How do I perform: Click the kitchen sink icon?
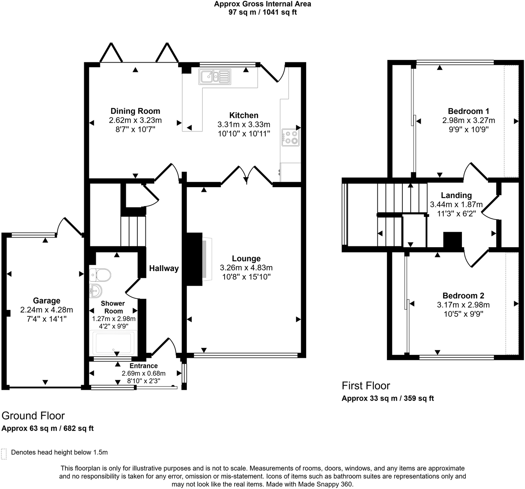[215, 77]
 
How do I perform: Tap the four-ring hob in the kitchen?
[290, 137]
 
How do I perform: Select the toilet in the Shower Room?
[100, 275]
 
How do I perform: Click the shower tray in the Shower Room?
[113, 343]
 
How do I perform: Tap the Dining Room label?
[135, 111]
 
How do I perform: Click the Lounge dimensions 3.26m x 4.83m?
[246, 268]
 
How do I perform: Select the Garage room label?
[47, 301]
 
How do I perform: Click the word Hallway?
[164, 268]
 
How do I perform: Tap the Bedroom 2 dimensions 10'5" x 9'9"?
[463, 314]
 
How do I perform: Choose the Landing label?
[456, 195]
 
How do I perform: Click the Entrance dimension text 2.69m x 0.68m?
[143, 373]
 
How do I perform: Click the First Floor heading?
[366, 386]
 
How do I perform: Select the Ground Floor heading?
[33, 416]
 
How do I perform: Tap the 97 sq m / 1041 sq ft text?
[262, 12]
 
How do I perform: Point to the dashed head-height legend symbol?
[4, 454]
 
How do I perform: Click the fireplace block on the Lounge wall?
[194, 259]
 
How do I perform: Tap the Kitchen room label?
[244, 115]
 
